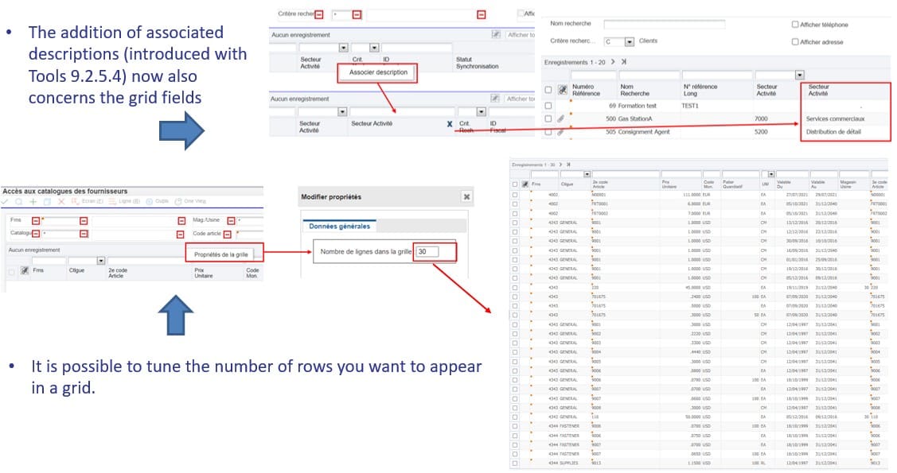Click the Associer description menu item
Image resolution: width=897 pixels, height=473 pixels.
point(379,72)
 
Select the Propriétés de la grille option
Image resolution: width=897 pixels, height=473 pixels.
point(222,254)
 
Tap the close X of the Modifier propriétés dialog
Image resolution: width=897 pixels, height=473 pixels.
point(466,196)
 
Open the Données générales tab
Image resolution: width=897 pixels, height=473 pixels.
point(339,227)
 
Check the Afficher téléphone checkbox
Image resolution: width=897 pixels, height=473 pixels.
point(795,25)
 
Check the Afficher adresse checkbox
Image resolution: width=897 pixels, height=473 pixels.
point(795,42)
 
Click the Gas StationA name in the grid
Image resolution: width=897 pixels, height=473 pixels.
point(636,119)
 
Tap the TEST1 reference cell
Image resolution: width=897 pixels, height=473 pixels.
point(690,106)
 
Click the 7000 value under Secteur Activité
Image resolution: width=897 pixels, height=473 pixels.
point(761,119)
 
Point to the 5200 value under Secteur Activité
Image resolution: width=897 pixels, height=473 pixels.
point(761,132)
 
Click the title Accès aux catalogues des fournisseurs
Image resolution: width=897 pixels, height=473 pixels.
point(64,192)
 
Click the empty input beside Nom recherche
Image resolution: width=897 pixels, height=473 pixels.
point(664,25)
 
